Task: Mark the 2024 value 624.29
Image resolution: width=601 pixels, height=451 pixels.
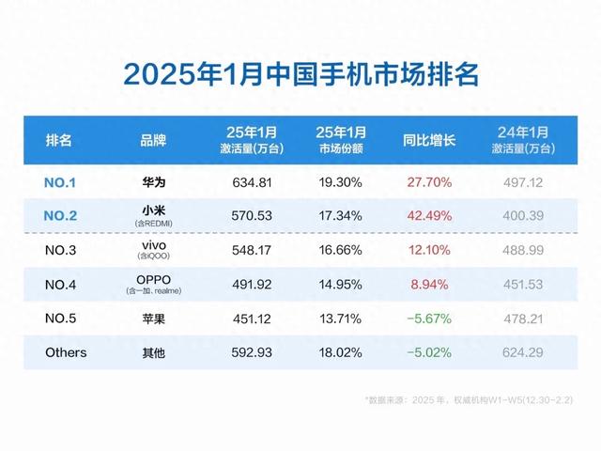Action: [x=524, y=353]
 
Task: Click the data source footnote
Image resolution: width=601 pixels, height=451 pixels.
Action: [x=470, y=399]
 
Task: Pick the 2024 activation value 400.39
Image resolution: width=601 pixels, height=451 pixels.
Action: [x=524, y=215]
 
